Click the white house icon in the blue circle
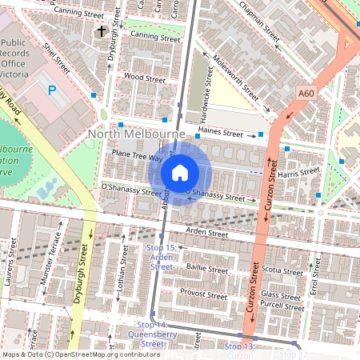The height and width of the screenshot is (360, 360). coord(180,172)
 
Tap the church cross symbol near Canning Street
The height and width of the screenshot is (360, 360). coord(101,31)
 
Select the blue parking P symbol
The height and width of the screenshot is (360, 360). coord(53,91)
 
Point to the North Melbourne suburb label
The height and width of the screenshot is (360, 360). coord(136,134)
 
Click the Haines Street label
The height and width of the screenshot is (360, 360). coord(220,133)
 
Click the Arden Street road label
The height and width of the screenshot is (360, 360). coord(206,234)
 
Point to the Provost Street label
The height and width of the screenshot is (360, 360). coord(205,294)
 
